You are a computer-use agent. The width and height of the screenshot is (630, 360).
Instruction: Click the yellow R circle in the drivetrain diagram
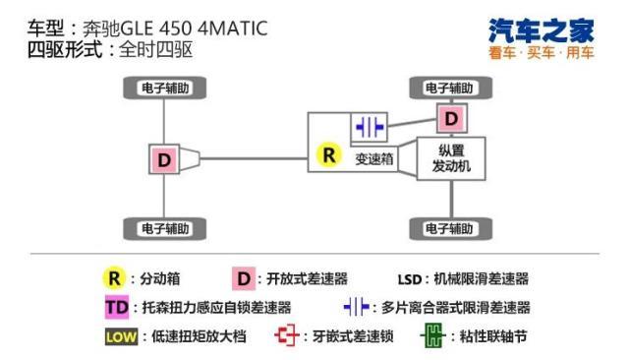[327, 155]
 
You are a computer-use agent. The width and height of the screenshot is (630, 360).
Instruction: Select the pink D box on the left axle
[163, 157]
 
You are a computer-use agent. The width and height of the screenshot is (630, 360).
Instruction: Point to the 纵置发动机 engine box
[452, 159]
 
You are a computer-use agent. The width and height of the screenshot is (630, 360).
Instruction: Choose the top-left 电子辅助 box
[163, 88]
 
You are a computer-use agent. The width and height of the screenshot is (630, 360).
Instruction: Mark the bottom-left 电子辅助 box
[163, 228]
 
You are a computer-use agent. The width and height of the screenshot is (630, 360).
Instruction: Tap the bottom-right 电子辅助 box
[451, 228]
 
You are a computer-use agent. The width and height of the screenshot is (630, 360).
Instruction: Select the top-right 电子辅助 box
[451, 88]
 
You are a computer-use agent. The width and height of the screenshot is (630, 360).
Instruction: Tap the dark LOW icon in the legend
[120, 336]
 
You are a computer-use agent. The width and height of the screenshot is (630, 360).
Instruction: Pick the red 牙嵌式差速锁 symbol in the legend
[286, 336]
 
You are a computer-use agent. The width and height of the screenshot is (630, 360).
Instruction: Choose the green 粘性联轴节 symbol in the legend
[430, 336]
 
